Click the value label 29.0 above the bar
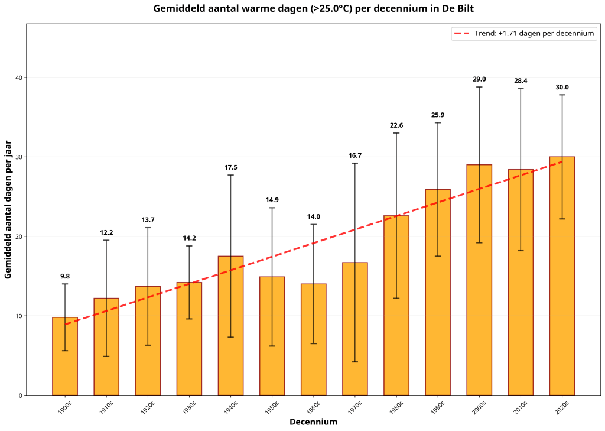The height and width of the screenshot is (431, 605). click(479, 79)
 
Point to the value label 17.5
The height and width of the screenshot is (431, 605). click(231, 167)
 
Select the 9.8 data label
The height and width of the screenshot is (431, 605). click(65, 276)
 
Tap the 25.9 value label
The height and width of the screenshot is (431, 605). click(438, 115)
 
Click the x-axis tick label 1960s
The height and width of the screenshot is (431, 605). click(314, 407)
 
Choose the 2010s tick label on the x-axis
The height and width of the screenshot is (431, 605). click(521, 407)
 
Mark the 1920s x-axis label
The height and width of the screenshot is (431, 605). click(148, 407)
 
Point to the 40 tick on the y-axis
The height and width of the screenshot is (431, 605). click(18, 77)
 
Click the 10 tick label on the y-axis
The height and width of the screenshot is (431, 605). click(18, 316)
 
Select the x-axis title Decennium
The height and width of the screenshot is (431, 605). click(313, 422)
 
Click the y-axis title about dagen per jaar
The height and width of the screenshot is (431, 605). click(8, 209)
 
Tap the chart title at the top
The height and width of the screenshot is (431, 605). click(313, 8)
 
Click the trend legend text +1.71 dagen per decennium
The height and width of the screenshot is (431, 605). click(534, 34)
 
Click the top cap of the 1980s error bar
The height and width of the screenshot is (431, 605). click(396, 133)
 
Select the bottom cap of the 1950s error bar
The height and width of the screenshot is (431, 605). click(272, 346)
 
